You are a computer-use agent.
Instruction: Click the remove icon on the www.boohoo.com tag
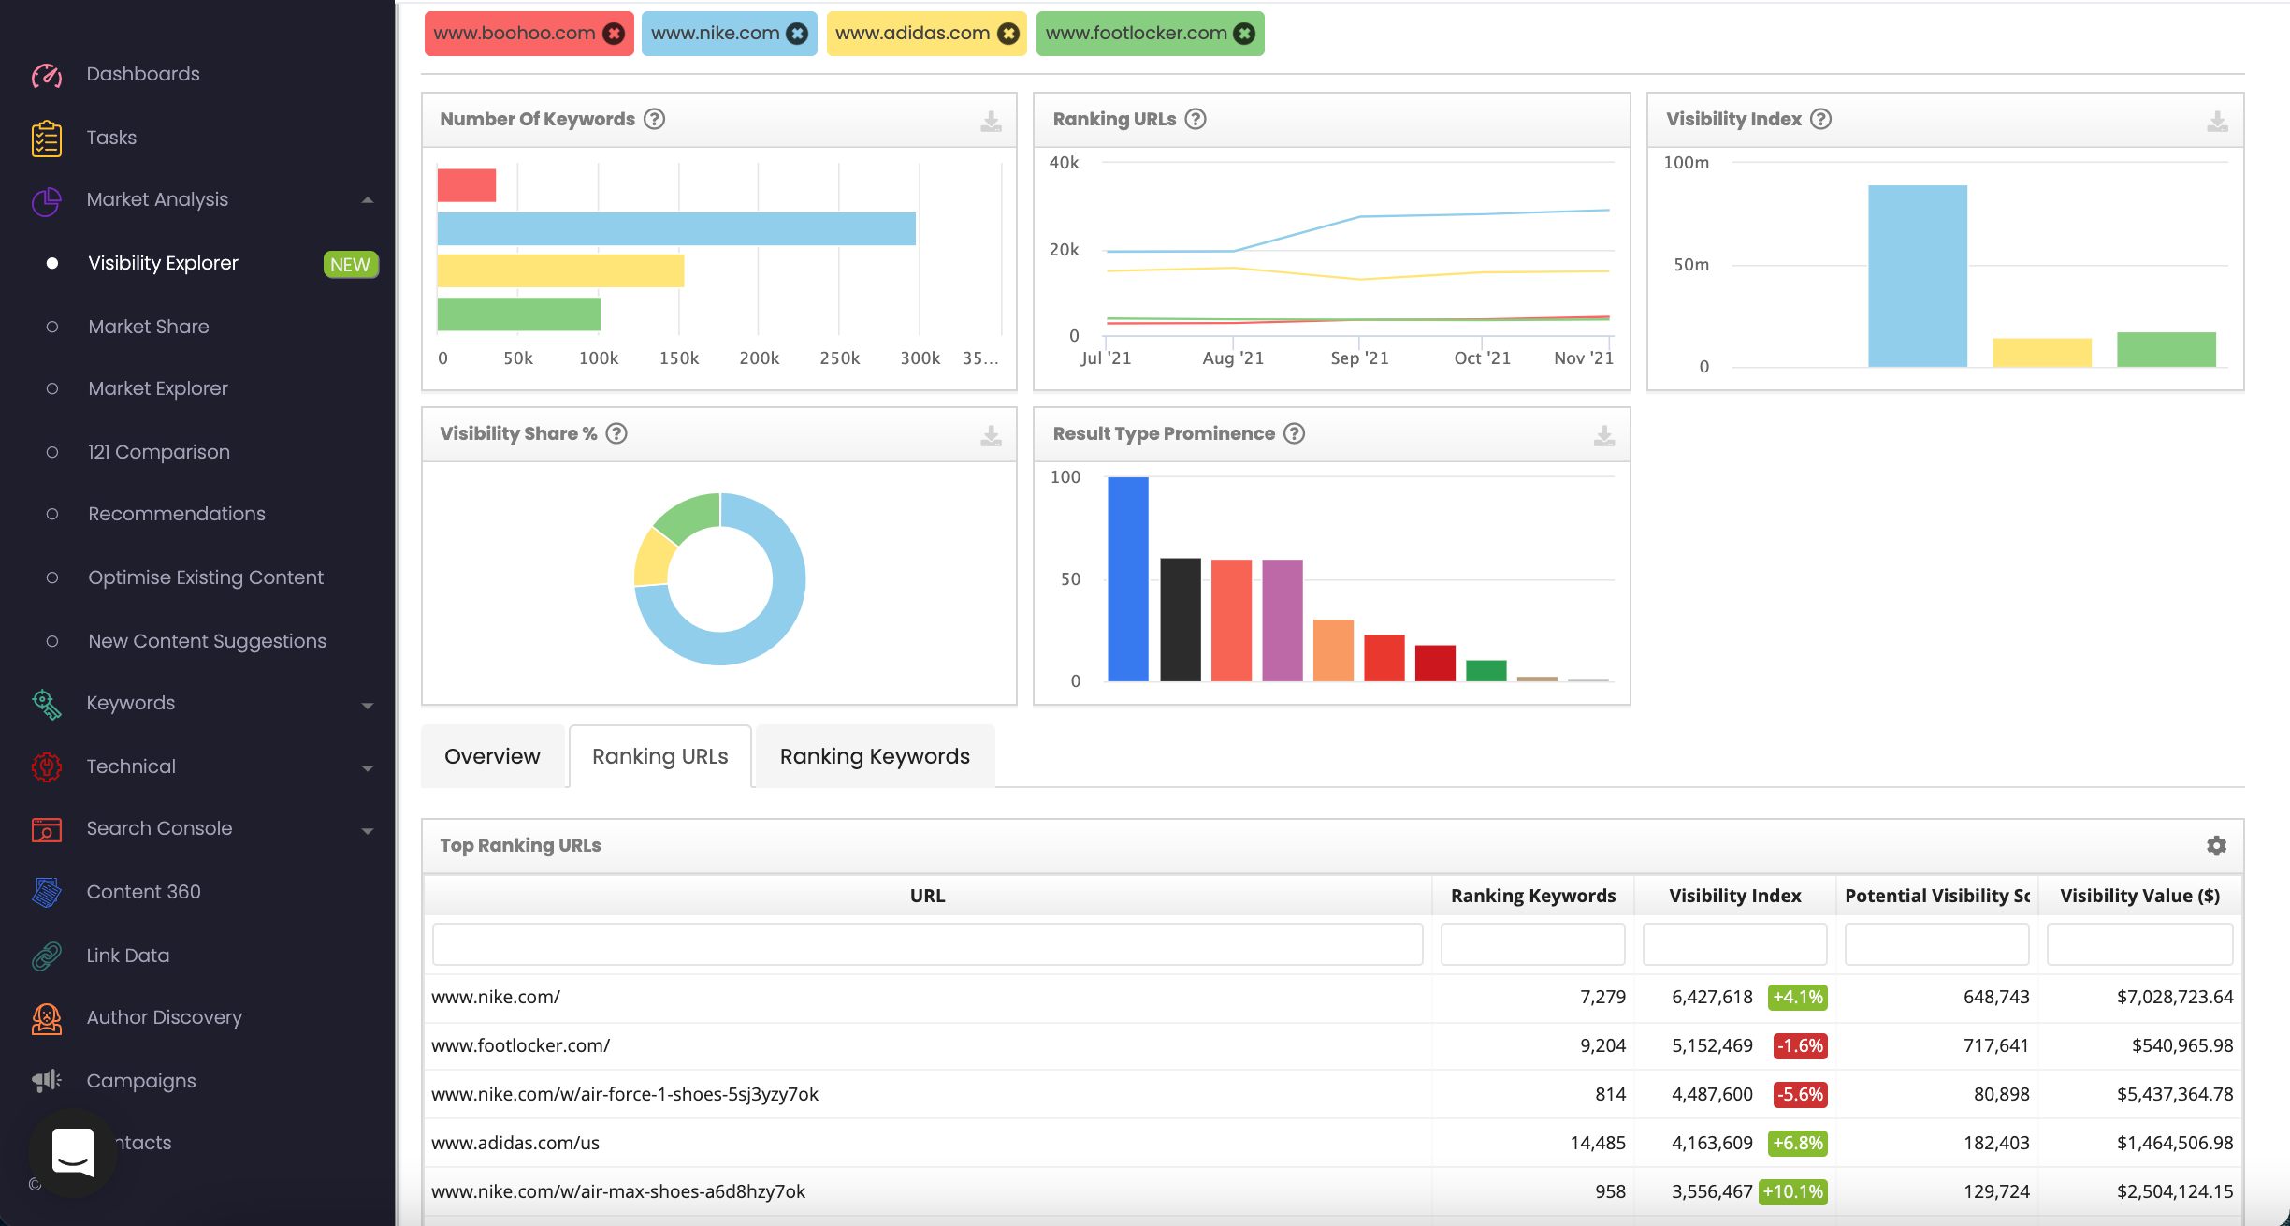point(614,34)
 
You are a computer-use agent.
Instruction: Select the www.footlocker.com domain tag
point(1135,34)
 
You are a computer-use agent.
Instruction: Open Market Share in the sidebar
point(148,327)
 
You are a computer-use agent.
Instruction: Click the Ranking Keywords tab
point(874,756)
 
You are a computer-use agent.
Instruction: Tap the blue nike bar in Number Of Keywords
point(675,229)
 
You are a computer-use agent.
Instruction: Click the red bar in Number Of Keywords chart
point(466,185)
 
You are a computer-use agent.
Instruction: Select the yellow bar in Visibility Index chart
point(2041,352)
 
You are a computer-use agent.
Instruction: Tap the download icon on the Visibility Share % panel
point(991,435)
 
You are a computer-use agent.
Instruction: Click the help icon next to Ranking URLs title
point(1195,119)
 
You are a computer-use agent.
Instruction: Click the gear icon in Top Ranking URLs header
point(2216,845)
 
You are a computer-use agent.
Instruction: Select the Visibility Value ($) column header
point(2139,896)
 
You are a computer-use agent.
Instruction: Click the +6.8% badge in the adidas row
point(1797,1143)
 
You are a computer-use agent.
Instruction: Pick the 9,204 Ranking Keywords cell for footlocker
point(1602,1045)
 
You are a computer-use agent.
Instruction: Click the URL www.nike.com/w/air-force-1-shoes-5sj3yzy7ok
point(624,1094)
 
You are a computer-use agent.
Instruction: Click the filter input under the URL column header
point(927,944)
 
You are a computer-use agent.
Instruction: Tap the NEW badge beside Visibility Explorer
point(350,264)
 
